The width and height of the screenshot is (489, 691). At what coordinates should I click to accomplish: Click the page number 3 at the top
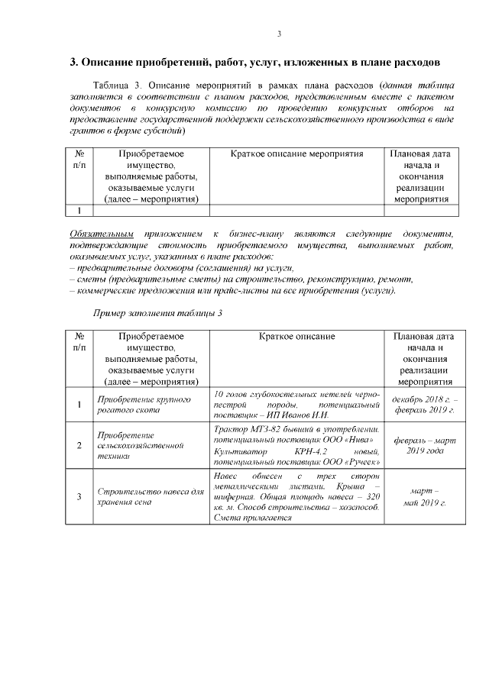[x=279, y=34]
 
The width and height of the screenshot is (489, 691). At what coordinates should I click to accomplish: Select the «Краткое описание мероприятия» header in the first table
[x=296, y=154]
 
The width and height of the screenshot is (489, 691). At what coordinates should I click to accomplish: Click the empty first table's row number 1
[x=79, y=211]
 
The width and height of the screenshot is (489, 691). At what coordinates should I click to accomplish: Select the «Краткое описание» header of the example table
[x=296, y=336]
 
